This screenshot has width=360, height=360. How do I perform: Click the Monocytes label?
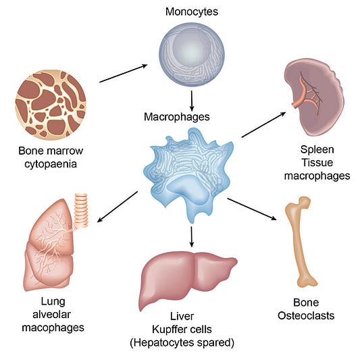click(x=192, y=12)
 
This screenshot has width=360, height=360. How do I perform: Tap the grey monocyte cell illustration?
click(x=192, y=55)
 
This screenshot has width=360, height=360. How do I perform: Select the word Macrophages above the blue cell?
click(x=177, y=117)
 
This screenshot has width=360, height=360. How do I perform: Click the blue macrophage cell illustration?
click(x=188, y=176)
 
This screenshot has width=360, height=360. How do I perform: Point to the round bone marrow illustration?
click(x=51, y=105)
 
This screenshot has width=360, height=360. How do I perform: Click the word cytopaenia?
click(x=51, y=165)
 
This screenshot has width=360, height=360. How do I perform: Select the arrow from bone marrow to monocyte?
click(x=124, y=74)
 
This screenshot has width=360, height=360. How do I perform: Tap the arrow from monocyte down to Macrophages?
click(x=192, y=101)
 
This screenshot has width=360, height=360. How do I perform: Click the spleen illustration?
click(x=314, y=99)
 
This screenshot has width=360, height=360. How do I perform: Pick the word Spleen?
click(x=317, y=150)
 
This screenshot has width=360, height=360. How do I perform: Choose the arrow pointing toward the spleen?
click(x=264, y=125)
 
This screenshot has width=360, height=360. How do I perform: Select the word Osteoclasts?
click(x=306, y=315)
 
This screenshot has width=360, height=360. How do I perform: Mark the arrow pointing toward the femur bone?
click(x=252, y=209)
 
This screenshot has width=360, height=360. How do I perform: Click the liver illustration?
click(x=188, y=279)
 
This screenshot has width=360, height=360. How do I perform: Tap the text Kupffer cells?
click(x=182, y=330)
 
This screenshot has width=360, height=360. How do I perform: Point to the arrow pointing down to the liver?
click(x=192, y=237)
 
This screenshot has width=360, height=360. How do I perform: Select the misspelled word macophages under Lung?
click(x=53, y=328)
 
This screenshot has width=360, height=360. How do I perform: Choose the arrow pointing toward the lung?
click(x=118, y=207)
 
